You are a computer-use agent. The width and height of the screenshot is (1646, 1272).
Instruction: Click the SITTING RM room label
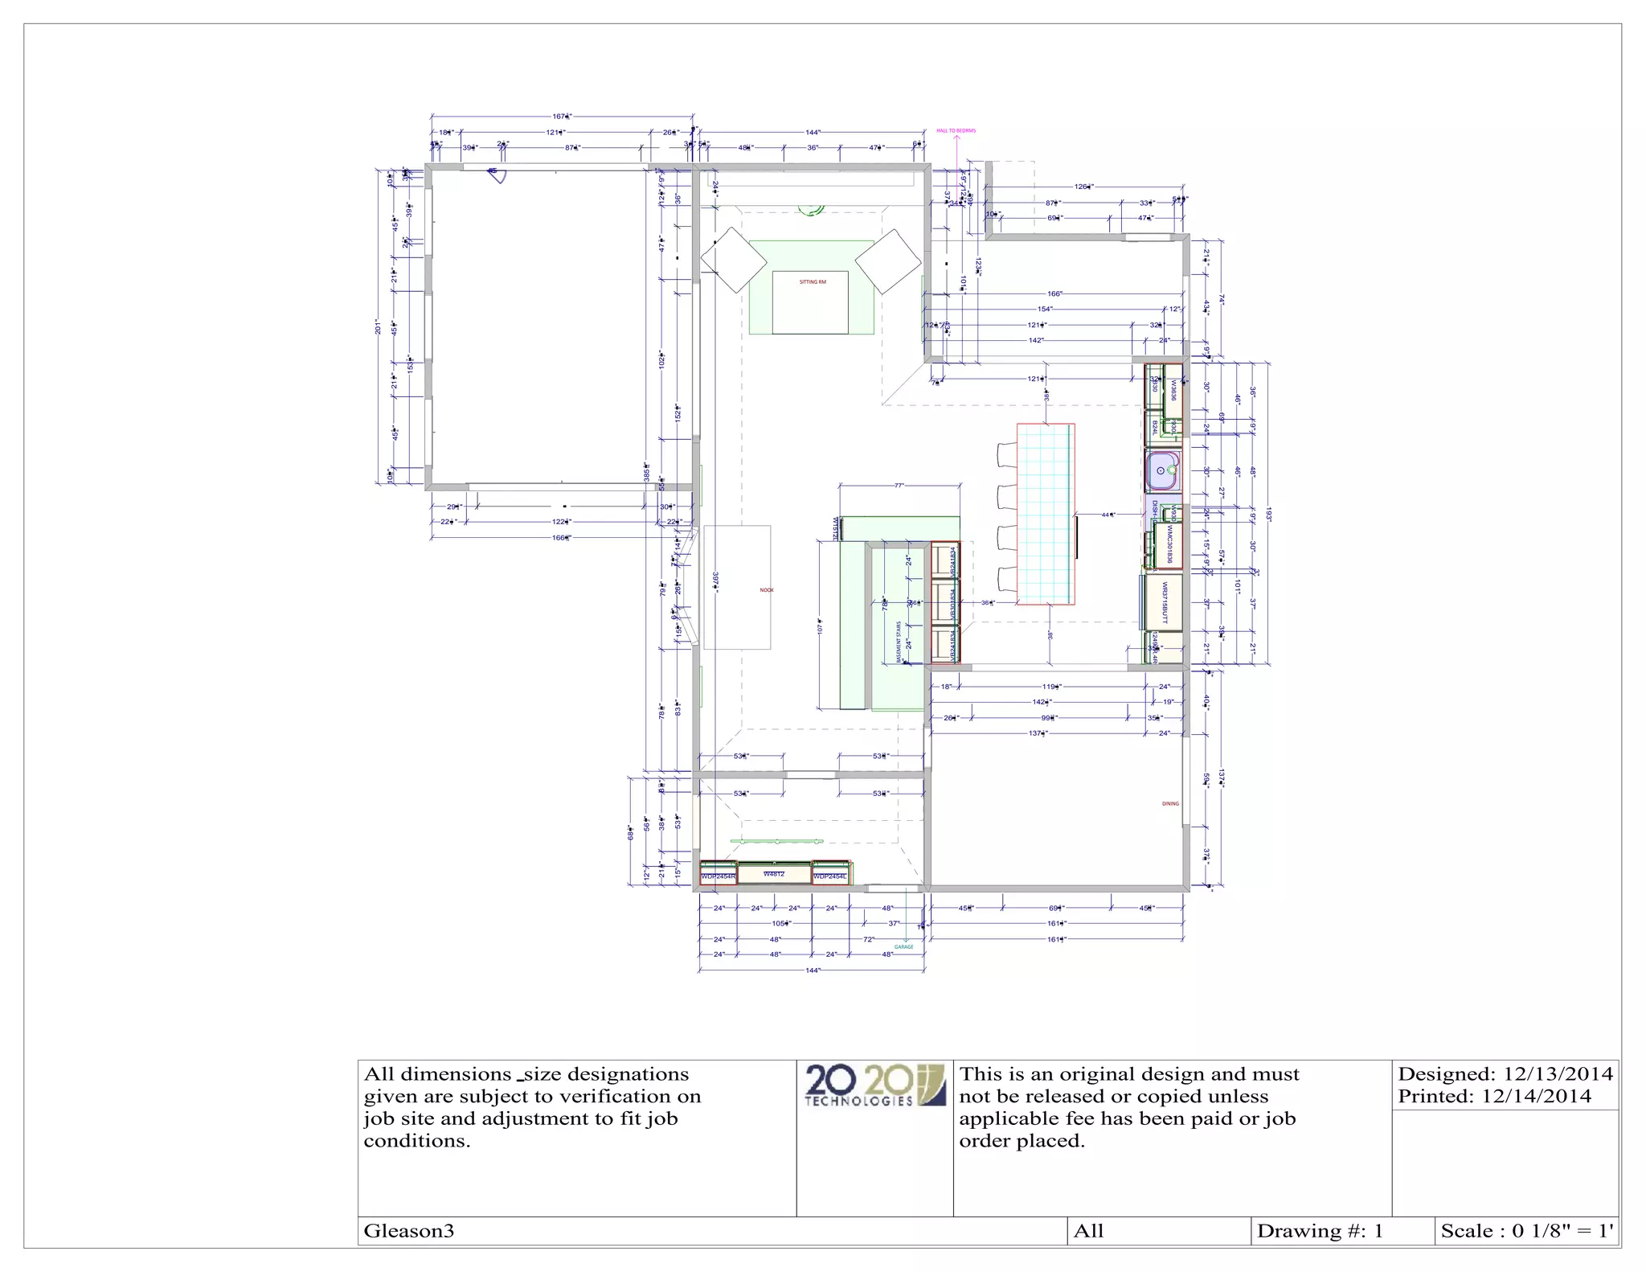click(x=812, y=282)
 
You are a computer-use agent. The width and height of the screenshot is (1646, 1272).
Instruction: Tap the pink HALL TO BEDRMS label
click(x=956, y=130)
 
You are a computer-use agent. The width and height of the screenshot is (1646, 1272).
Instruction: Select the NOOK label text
click(x=767, y=590)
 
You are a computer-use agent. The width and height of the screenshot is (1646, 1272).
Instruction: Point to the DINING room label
click(x=1170, y=803)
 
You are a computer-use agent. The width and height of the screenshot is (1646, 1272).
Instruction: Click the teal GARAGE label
click(x=903, y=947)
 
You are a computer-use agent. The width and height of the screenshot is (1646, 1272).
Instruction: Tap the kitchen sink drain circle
click(x=1161, y=470)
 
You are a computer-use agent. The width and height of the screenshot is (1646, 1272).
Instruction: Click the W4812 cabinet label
click(x=773, y=873)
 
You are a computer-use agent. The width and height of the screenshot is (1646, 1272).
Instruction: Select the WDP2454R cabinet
click(x=718, y=876)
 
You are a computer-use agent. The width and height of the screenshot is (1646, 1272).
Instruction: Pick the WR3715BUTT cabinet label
click(x=1164, y=602)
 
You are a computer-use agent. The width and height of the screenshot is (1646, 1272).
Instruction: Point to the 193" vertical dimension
click(x=1268, y=514)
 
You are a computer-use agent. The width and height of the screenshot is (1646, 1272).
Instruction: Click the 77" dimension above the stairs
click(x=899, y=486)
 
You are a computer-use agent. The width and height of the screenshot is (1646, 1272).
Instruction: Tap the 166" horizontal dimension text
click(x=1054, y=294)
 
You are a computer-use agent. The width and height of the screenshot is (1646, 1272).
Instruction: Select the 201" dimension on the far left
click(x=377, y=326)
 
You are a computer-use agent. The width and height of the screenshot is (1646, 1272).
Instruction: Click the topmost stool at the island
click(x=1005, y=454)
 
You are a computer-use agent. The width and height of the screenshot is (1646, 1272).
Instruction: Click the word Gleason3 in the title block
click(x=409, y=1231)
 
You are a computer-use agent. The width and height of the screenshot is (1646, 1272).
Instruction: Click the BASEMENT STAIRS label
click(x=899, y=642)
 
